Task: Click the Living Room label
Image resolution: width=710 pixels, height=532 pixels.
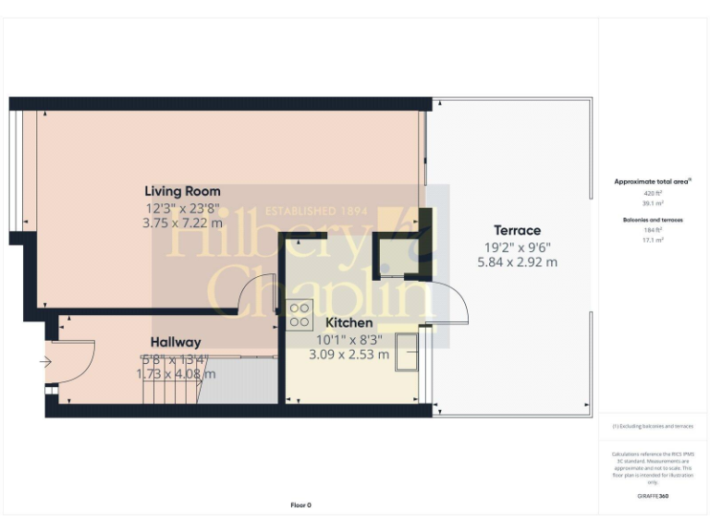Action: (x=182, y=191)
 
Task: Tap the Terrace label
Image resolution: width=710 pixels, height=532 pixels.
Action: (x=517, y=230)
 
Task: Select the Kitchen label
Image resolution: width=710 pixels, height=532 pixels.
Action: (x=349, y=322)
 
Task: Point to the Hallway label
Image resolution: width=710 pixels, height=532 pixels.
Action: (x=176, y=343)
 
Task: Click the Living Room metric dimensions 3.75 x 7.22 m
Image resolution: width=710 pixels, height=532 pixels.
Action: (x=182, y=223)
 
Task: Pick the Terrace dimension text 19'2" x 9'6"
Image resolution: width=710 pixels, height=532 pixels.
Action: (x=517, y=247)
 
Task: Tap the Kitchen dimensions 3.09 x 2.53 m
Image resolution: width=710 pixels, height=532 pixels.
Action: (x=349, y=354)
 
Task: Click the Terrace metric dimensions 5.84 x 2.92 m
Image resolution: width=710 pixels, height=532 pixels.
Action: (x=517, y=262)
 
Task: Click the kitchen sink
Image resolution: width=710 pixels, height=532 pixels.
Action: (x=406, y=352)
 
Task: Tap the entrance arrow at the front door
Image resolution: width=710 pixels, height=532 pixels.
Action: (x=46, y=362)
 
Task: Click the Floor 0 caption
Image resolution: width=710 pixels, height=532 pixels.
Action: (x=301, y=505)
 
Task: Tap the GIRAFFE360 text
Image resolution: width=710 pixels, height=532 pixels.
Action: (x=653, y=496)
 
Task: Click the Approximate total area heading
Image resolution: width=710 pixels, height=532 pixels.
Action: (x=653, y=182)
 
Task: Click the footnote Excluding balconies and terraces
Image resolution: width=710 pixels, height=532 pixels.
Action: (x=653, y=427)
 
